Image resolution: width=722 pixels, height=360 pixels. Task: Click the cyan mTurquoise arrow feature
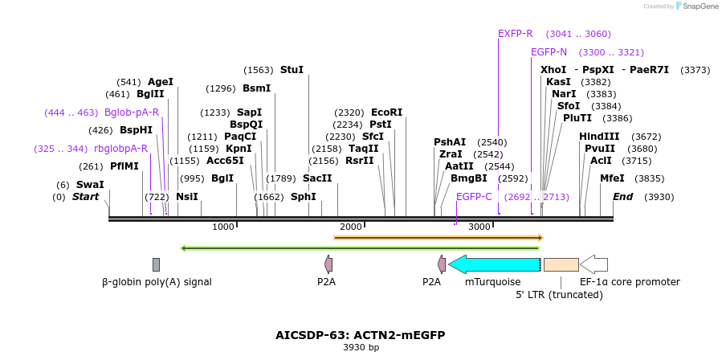point(493,264)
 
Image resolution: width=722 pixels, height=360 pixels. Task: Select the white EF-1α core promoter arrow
point(594,264)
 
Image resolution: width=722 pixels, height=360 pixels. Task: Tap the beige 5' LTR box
point(561,264)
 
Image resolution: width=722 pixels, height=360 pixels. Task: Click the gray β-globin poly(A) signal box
point(156,264)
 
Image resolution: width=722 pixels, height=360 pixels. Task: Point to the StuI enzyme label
point(292,70)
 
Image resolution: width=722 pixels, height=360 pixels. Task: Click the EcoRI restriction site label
point(386,112)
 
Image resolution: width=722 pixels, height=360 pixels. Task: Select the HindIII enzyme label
point(599,137)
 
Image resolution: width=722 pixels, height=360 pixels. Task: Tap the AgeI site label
point(161,82)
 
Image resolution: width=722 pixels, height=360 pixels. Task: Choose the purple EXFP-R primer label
point(515,34)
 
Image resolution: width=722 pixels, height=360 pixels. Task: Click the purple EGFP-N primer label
point(549,52)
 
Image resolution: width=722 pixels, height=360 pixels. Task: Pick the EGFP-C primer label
point(474,197)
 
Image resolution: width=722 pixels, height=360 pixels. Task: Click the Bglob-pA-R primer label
point(132,112)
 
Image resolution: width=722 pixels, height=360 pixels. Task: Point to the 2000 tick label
point(351,227)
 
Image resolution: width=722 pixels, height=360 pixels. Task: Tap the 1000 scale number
point(222,227)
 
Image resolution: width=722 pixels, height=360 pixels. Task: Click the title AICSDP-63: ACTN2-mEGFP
point(360,335)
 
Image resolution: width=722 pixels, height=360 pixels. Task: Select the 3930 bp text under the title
point(361,348)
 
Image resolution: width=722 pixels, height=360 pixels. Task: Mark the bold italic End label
point(623,197)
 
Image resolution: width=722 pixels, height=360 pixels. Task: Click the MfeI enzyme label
point(612,178)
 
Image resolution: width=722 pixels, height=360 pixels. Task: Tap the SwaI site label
point(90,185)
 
